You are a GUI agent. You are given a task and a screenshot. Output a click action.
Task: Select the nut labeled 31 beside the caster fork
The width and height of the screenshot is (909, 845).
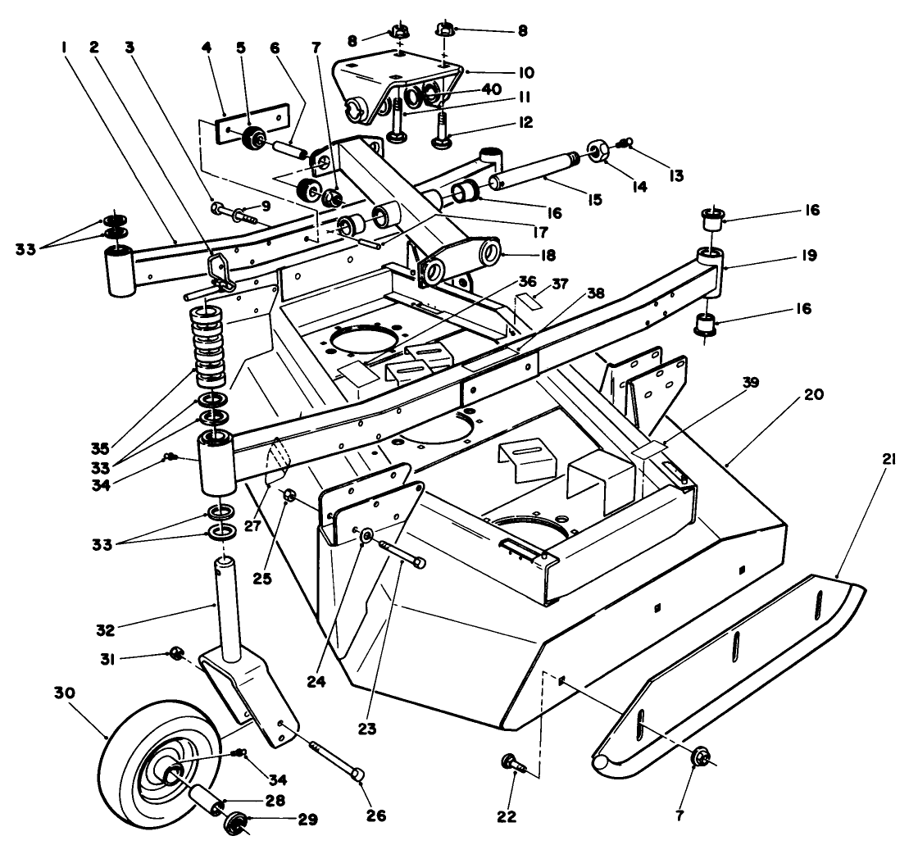coord(174,653)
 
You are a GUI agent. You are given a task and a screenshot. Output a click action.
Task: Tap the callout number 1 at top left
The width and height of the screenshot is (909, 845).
coord(63,47)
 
